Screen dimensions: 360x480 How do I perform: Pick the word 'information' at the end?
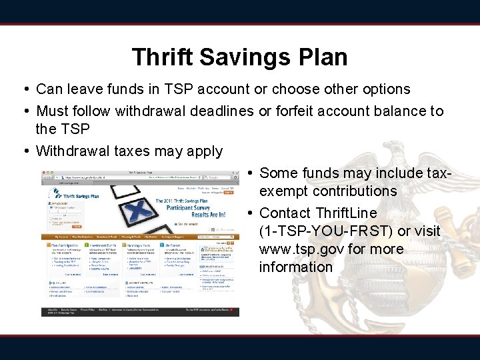pos(296,267)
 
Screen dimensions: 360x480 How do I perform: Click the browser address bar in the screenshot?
pos(120,178)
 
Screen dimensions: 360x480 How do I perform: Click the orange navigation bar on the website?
pos(120,236)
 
